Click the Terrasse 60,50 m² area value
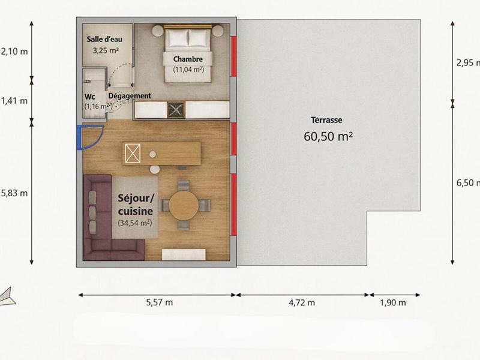click(x=328, y=136)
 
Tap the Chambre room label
click(x=188, y=59)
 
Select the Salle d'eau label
click(x=104, y=39)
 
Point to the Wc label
click(x=89, y=96)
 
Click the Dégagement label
click(x=130, y=96)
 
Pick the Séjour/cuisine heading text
click(x=136, y=204)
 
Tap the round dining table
click(x=183, y=205)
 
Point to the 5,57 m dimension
click(x=159, y=302)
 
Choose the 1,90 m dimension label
click(x=393, y=302)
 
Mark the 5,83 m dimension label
click(x=14, y=193)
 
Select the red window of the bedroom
click(x=234, y=56)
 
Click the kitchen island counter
click(x=162, y=154)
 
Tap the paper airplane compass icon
click(x=8, y=296)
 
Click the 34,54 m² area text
click(x=134, y=223)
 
